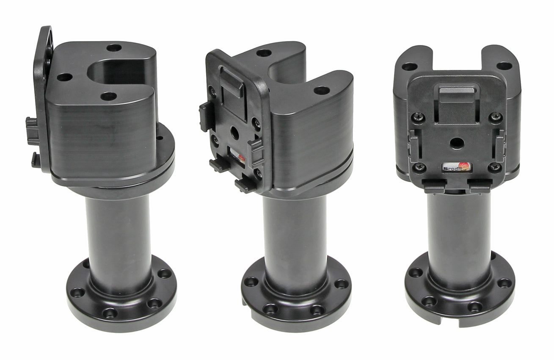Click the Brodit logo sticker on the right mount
(456, 167)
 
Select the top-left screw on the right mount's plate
(418, 117)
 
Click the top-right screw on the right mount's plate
(495, 117)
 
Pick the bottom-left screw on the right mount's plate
(418, 167)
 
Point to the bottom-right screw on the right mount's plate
(494, 167)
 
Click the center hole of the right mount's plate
(456, 143)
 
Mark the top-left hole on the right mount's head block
(409, 66)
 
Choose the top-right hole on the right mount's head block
(504, 66)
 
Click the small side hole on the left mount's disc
(160, 138)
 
